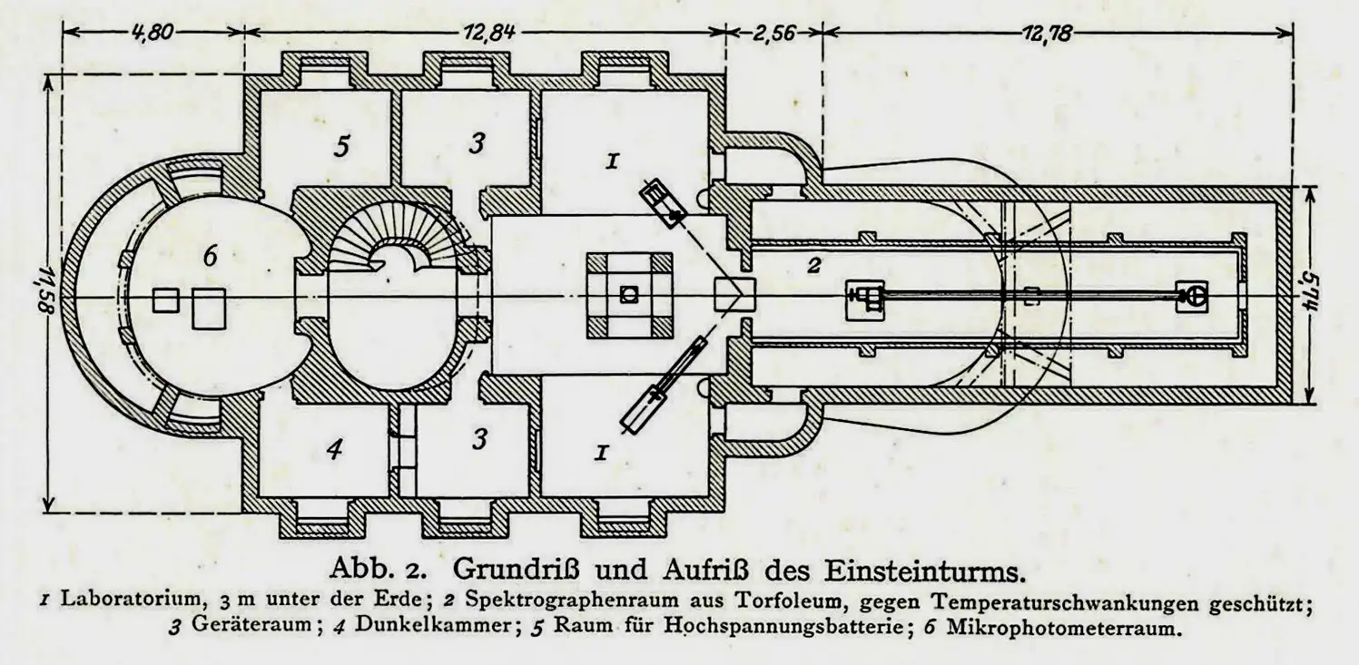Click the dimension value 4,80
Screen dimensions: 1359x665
[153, 32]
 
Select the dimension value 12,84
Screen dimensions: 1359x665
[489, 32]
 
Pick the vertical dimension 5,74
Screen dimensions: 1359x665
[1313, 296]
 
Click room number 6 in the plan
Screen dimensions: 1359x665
[210, 257]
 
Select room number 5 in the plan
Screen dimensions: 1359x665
[341, 146]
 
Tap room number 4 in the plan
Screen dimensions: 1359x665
[334, 449]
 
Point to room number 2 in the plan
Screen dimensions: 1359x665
[814, 265]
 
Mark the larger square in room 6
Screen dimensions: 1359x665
[209, 308]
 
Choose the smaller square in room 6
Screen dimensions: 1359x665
[165, 300]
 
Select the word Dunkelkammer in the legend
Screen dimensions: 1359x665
[433, 625]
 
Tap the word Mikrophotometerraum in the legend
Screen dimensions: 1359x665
[1065, 627]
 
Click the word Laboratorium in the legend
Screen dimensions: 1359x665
[131, 601]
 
